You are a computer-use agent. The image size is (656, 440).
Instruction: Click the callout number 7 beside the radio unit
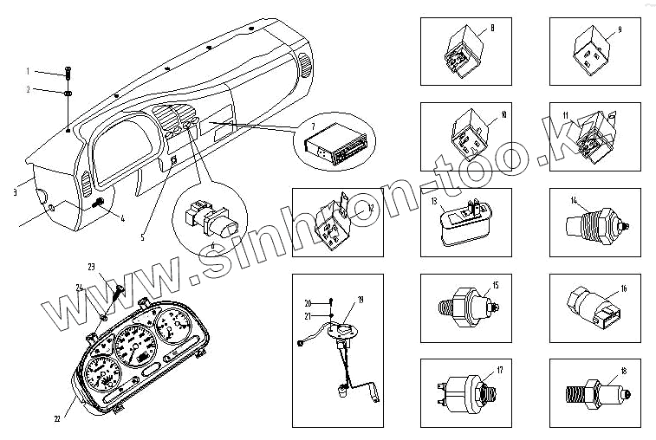302,127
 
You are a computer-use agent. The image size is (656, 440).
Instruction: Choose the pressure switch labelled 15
469,304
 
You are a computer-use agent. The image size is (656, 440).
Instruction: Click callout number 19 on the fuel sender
360,299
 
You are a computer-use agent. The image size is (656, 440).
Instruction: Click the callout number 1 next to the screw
28,70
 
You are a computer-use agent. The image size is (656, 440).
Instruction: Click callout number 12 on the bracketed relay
369,208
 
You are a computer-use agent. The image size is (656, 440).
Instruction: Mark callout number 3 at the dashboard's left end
15,192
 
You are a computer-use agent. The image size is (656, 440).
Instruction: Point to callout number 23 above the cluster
91,265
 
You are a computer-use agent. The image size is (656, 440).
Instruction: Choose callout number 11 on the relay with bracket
565,115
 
